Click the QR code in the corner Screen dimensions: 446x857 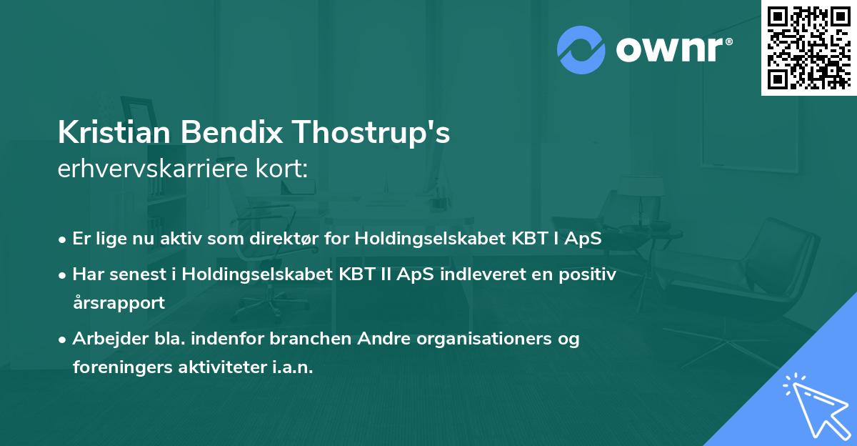point(809,47)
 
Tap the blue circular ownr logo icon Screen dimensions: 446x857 point(581,49)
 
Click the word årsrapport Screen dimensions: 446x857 point(119,302)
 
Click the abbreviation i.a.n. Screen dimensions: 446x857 point(293,367)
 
